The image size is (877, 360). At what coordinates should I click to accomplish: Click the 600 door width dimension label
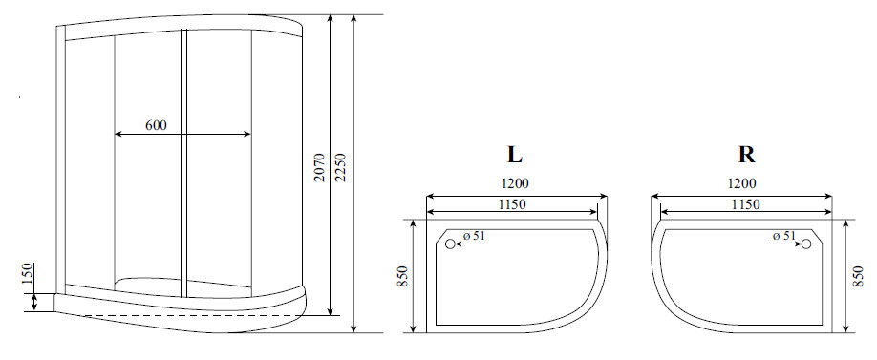coord(156,125)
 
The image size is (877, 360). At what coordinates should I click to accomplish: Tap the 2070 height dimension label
coord(319,166)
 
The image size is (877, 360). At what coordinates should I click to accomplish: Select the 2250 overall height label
coord(342,166)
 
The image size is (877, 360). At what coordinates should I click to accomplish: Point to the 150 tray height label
coord(28,274)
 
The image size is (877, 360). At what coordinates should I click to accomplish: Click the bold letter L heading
coord(515,155)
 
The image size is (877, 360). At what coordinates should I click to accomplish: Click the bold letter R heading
coord(747,155)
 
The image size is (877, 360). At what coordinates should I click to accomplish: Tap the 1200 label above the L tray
coord(515,183)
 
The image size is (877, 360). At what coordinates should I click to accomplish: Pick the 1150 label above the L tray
coord(512,204)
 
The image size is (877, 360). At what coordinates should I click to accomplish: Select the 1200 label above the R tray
coord(742,183)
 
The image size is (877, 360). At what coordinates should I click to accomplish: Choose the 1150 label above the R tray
coord(745,204)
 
